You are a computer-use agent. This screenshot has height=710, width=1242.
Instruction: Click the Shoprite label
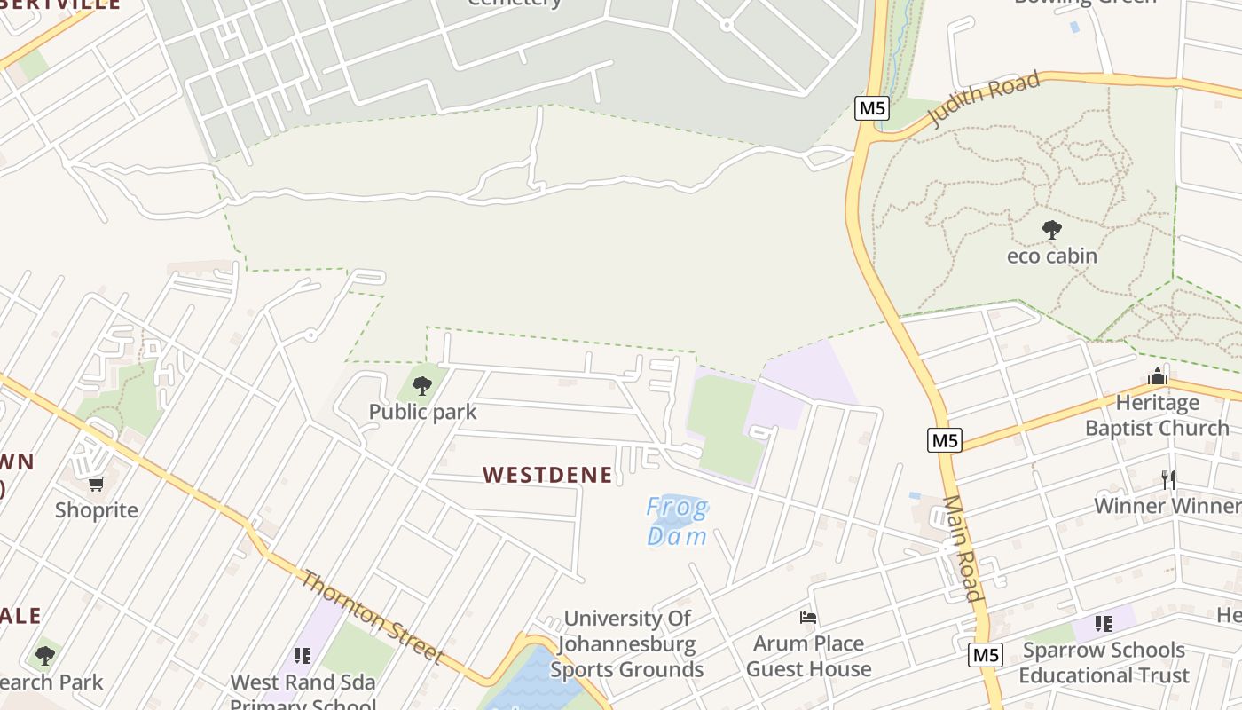[x=97, y=510]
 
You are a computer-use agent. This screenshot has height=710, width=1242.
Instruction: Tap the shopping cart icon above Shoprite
[x=97, y=484]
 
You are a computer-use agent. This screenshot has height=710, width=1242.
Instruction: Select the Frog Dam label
[x=677, y=522]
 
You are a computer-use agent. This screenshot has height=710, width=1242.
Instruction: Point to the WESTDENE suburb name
[x=547, y=475]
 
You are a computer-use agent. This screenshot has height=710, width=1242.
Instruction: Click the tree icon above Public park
[x=422, y=386]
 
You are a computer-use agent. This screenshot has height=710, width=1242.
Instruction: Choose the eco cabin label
[x=1051, y=256]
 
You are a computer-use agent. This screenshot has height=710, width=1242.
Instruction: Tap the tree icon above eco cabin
[x=1052, y=231]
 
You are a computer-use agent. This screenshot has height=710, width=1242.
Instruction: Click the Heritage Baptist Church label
[x=1157, y=415]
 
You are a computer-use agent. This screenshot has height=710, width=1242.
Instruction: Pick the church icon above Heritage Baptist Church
[x=1157, y=377]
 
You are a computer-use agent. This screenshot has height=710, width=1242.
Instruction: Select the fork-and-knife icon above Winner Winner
[x=1168, y=480]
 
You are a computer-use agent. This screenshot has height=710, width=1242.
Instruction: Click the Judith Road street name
[x=985, y=99]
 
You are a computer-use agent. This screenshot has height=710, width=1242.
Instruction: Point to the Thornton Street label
[x=373, y=618]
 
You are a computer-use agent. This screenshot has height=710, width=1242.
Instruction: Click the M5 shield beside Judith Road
[x=872, y=108]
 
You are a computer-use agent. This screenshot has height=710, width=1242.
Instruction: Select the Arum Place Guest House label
[x=808, y=656]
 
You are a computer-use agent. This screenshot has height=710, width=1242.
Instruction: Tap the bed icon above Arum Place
[x=808, y=618]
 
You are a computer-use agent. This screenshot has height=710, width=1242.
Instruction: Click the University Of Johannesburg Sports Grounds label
[x=627, y=643]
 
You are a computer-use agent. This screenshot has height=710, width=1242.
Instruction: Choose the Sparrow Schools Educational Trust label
[x=1104, y=662]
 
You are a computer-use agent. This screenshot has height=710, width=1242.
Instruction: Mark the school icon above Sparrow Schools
[x=1104, y=624]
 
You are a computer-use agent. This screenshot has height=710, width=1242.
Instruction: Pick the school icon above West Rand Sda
[x=303, y=656]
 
